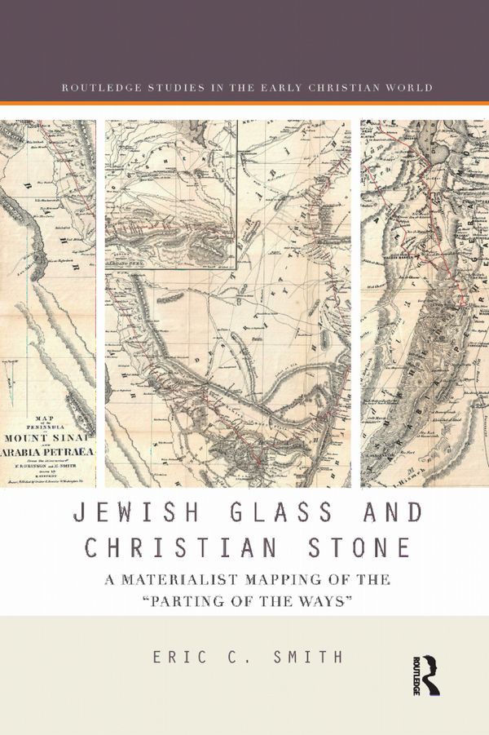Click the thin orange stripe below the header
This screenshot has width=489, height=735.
coord(244,103)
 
